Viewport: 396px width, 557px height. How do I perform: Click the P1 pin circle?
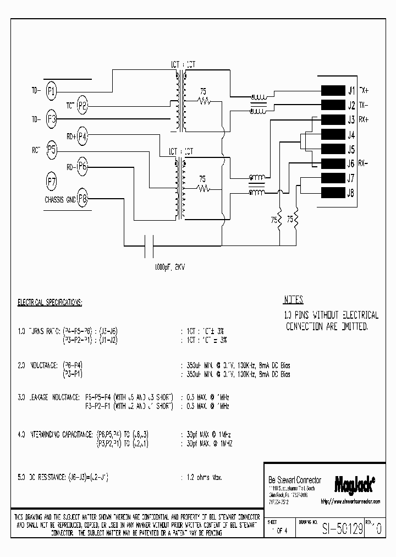click(x=51, y=91)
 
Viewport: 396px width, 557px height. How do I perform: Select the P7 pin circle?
click(x=51, y=180)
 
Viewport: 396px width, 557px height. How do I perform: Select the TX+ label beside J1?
click(x=364, y=90)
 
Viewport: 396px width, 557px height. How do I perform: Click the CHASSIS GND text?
click(x=60, y=200)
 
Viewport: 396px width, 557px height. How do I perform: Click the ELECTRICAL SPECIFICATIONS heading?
click(x=50, y=303)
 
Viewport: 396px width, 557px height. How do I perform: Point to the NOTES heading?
click(x=293, y=301)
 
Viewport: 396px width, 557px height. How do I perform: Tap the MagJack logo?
click(x=355, y=483)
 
